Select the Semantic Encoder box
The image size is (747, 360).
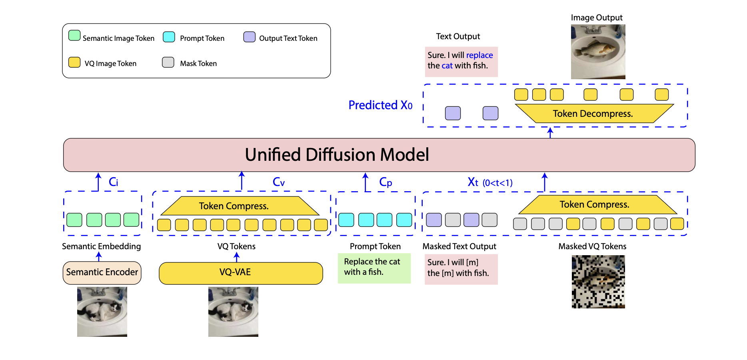tap(102, 272)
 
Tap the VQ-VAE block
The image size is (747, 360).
tap(241, 273)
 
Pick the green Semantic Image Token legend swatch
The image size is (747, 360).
tap(74, 36)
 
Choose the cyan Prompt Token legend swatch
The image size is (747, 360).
tap(169, 37)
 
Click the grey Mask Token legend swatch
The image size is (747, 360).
tap(168, 62)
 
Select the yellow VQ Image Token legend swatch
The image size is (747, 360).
tap(74, 62)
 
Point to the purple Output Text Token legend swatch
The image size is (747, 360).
tap(250, 37)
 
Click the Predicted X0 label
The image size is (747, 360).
tap(380, 105)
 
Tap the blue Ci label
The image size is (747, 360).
tap(113, 182)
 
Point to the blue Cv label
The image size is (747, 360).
tap(278, 182)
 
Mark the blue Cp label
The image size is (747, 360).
tap(385, 182)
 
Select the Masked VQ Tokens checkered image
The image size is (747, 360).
tap(598, 282)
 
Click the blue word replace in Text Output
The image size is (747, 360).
tap(479, 55)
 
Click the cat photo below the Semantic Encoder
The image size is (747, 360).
tap(102, 311)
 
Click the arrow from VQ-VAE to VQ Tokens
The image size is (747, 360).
tap(237, 257)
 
